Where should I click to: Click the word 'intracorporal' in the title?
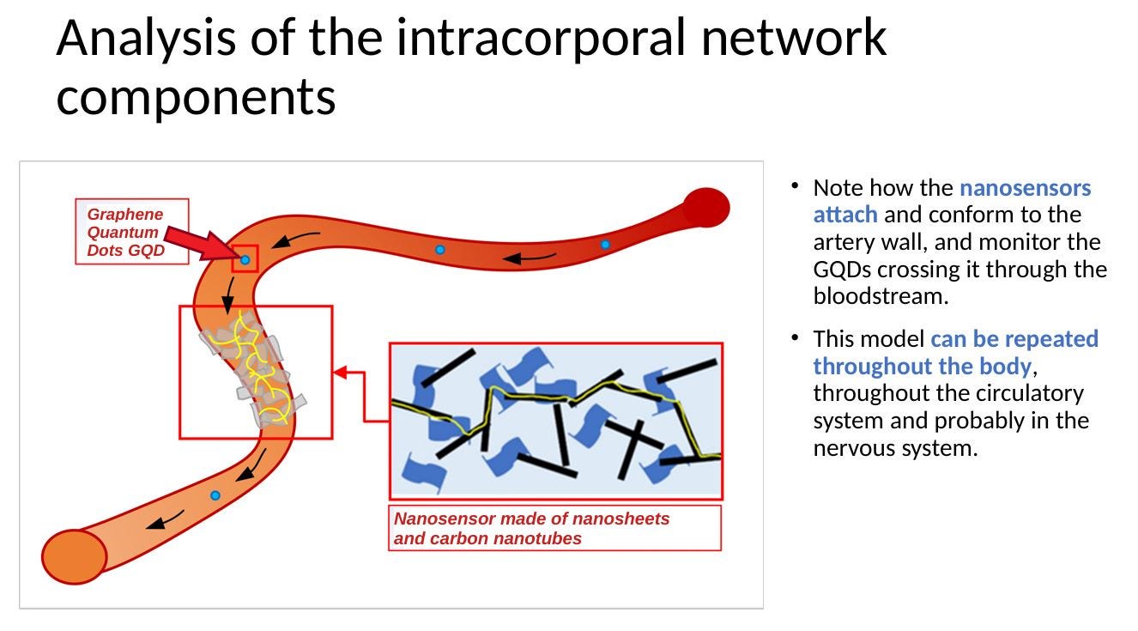click(x=542, y=38)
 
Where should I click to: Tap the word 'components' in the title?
click(x=196, y=96)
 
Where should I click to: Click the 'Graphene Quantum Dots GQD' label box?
click(x=131, y=232)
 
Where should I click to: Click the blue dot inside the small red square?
click(x=245, y=259)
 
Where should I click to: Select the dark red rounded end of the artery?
click(x=706, y=208)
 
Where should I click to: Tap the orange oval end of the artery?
click(x=75, y=556)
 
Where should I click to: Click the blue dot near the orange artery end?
click(x=215, y=495)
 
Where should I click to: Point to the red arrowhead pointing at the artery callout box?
click(x=340, y=373)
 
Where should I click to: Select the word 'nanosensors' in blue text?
click(x=1025, y=187)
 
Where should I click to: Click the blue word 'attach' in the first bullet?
click(x=844, y=215)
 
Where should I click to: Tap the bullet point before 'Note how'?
click(x=796, y=185)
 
